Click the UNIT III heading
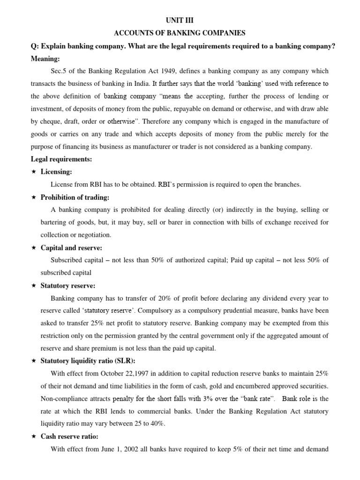click(180, 20)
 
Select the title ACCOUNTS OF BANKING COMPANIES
click(180, 33)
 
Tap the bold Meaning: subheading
click(46, 59)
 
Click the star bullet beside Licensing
click(33, 172)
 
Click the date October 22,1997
click(117, 374)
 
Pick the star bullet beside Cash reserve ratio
click(33, 436)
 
